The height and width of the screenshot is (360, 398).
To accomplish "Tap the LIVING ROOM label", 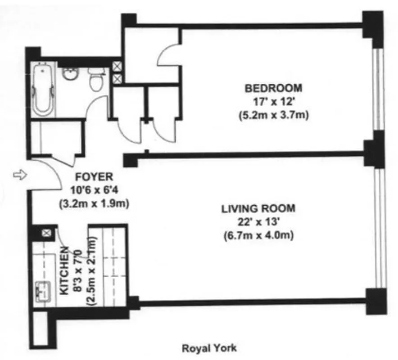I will pos(258,209).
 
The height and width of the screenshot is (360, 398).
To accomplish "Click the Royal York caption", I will pos(209,347).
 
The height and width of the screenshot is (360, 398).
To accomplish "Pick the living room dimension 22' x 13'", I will pos(258,222).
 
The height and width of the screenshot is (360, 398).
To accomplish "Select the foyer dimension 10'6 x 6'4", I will pos(94,189).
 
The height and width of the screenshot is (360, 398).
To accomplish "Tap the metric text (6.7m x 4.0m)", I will pos(258,235).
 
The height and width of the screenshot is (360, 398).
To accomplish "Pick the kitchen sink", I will pos(44,290).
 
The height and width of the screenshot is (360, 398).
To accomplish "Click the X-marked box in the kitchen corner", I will pos(47,233).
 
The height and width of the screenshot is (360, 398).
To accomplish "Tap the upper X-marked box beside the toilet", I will pos(117,66).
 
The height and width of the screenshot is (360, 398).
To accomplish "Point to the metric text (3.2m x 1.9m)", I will pos(94,203).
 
